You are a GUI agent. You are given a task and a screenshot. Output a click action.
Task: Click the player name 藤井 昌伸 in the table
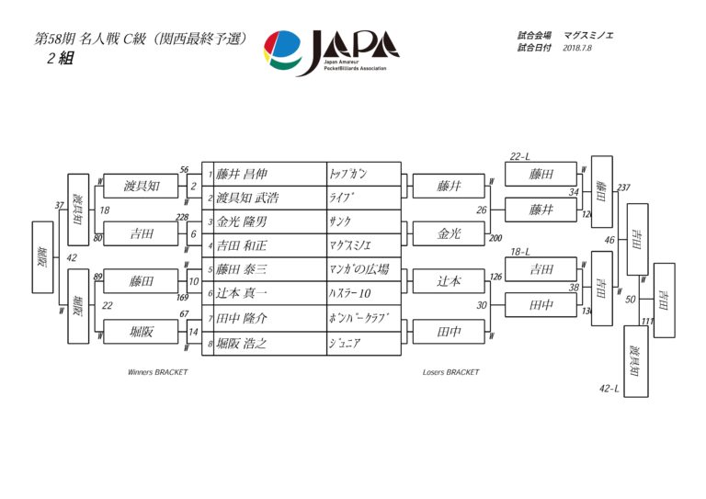243,174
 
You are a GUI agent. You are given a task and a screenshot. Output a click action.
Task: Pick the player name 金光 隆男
243,222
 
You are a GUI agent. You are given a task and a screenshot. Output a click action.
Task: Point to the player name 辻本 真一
243,294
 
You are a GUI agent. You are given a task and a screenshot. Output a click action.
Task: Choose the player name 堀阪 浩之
243,344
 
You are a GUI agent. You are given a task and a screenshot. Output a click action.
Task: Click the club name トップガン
347,174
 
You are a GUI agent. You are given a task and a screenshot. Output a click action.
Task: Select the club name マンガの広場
359,270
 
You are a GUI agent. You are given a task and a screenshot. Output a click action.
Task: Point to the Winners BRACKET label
157,372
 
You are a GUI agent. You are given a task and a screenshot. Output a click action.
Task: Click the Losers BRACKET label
450,372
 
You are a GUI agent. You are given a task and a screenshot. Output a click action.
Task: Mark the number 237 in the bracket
624,188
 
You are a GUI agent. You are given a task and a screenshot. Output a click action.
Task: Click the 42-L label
609,389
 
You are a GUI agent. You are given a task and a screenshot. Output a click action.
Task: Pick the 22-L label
521,156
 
